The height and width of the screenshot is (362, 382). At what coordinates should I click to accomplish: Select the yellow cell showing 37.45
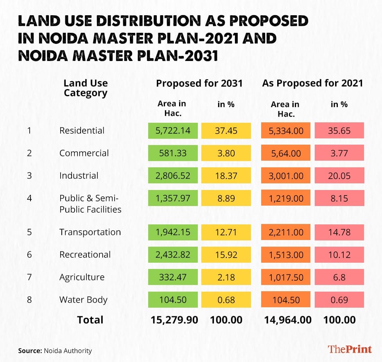click(226, 131)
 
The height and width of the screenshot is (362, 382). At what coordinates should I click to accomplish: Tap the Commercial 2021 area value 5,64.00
click(285, 153)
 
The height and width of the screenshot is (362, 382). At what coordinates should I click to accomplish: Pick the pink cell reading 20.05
click(339, 176)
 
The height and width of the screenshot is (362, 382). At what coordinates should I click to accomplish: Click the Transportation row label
click(90, 232)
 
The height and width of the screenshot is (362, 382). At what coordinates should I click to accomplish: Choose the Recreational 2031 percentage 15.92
click(226, 255)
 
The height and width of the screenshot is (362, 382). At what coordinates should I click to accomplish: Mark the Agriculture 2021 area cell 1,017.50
click(285, 278)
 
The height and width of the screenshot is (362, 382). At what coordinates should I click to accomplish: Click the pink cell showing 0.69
click(339, 300)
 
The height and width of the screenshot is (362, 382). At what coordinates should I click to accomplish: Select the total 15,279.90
click(174, 320)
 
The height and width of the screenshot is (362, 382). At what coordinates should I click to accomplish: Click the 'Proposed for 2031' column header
click(199, 83)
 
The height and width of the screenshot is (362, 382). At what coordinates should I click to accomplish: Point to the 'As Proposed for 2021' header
click(312, 83)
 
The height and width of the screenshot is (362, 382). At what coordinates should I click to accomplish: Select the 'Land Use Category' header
click(86, 88)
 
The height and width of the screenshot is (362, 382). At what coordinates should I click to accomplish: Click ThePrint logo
click(350, 349)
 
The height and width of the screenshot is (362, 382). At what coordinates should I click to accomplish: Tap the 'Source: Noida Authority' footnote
click(55, 351)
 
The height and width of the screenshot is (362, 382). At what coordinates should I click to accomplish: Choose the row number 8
click(29, 300)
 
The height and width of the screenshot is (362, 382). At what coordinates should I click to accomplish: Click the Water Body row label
click(83, 300)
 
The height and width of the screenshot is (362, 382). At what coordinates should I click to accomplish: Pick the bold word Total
click(90, 320)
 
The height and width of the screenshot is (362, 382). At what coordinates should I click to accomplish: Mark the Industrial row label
click(79, 176)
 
